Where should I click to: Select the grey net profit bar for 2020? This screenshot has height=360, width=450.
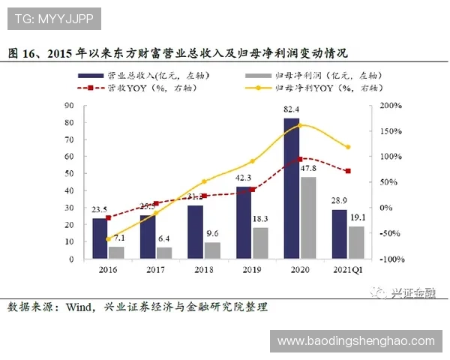click(307, 218)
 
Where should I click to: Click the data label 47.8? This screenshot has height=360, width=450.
click(308, 168)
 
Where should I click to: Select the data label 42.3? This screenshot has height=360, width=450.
click(243, 178)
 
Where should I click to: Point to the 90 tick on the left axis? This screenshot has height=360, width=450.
click(69, 106)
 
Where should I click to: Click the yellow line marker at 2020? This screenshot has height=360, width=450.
click(300, 125)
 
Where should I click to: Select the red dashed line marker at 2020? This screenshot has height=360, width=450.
click(300, 159)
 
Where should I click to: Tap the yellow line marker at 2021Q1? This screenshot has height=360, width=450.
click(348, 147)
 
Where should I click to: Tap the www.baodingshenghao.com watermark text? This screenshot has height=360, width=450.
click(355, 341)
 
